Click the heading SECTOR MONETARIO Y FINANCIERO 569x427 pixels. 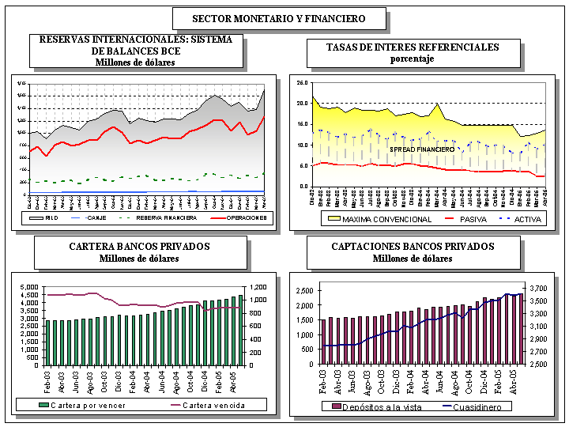click(x=279, y=18)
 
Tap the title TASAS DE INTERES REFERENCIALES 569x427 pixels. click(x=413, y=47)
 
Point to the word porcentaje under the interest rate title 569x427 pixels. click(x=413, y=59)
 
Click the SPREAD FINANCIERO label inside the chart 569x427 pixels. click(x=421, y=149)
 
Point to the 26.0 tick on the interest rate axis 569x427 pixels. click(x=301, y=82)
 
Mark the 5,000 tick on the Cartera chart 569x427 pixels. click(x=28, y=287)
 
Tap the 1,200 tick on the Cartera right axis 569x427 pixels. click(x=262, y=287)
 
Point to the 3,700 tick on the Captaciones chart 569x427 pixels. click(x=540, y=289)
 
